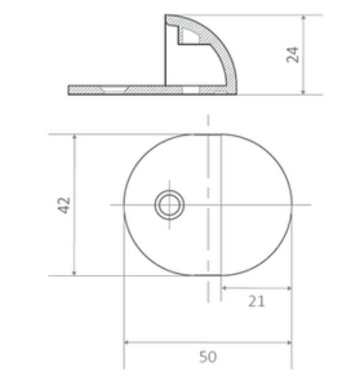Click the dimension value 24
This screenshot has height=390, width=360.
click(x=294, y=54)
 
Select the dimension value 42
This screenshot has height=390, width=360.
click(x=64, y=204)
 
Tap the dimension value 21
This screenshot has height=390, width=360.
click(x=256, y=301)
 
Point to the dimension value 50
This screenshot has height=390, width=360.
click(x=208, y=356)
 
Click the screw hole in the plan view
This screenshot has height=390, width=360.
click(x=170, y=204)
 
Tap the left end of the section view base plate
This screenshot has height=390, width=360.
click(x=70, y=90)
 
